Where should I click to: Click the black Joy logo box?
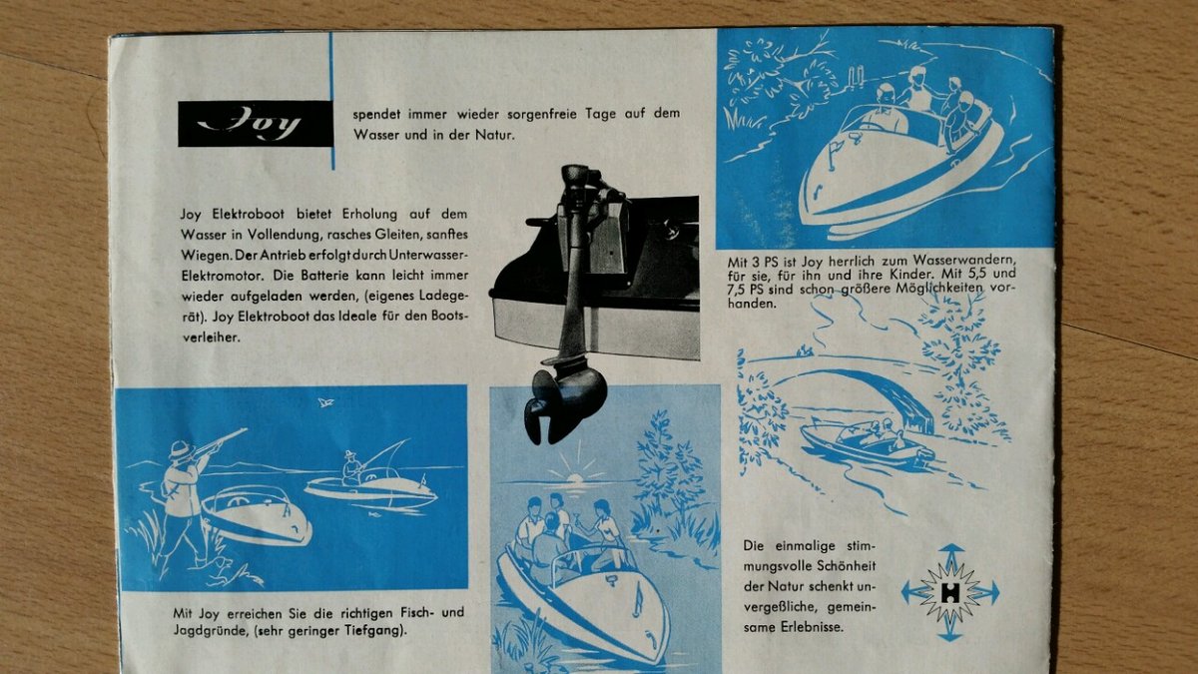256,124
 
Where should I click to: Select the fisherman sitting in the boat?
353,468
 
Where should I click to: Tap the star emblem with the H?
949,593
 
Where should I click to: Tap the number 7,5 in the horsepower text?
736,290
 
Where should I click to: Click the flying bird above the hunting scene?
325,402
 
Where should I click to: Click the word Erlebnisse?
812,627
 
